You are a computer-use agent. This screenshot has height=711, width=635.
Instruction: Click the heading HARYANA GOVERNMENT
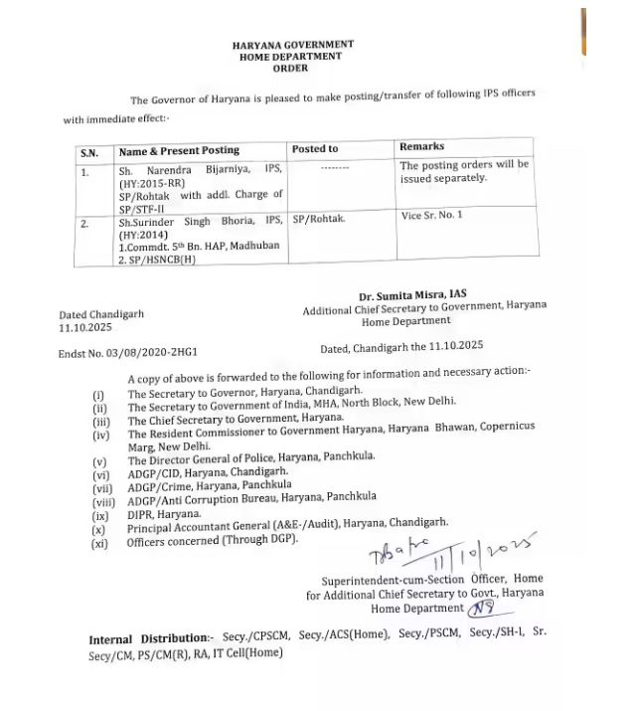[292, 46]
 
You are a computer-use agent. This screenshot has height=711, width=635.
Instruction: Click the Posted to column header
[315, 149]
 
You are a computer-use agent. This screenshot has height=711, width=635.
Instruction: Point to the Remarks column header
[421, 146]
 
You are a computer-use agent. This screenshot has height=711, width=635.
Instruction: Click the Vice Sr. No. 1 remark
[431, 214]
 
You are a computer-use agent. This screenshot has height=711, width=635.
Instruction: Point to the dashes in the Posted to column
[336, 169]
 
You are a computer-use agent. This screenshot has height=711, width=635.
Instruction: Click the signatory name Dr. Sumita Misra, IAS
[412, 295]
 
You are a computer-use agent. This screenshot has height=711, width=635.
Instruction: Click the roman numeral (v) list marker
[99, 461]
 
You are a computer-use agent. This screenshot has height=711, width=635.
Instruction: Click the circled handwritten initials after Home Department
[481, 608]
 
